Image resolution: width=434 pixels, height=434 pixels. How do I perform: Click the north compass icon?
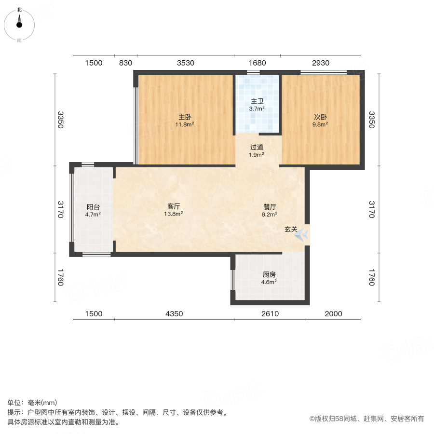[19, 24]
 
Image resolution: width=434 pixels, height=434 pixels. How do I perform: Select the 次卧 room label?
[321, 117]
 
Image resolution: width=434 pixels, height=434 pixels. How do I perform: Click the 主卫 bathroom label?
[257, 102]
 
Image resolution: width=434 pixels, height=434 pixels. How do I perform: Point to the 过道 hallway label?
[257, 148]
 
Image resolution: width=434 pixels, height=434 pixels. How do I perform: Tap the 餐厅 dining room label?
[270, 206]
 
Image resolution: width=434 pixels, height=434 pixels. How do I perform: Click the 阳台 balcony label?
[94, 207]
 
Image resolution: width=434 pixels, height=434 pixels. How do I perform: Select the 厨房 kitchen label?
[270, 274]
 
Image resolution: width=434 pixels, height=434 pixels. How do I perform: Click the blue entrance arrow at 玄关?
[302, 235]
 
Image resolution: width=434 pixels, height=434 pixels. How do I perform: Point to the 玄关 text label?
[290, 230]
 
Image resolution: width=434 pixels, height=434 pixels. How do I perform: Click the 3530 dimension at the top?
[185, 63]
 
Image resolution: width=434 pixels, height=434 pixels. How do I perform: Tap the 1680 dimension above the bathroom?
[257, 63]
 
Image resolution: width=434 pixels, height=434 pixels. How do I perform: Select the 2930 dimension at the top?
[320, 63]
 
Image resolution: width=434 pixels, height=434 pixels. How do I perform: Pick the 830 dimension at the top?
[125, 63]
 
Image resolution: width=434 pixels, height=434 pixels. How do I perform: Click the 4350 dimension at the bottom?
[174, 314]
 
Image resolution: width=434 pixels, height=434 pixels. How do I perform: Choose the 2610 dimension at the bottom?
[270, 314]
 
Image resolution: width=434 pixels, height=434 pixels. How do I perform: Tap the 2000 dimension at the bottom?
[333, 314]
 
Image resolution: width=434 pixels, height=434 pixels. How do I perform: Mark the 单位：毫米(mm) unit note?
[32, 403]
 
